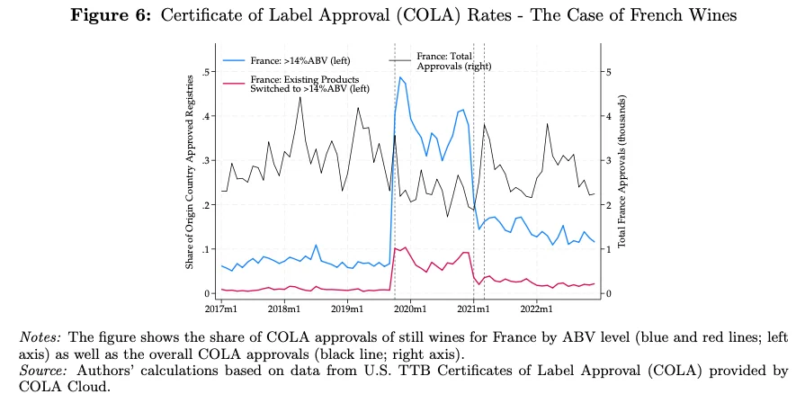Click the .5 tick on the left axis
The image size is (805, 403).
tap(207, 72)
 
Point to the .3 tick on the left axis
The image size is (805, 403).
tap(207, 160)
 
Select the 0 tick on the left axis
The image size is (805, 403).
tap(209, 293)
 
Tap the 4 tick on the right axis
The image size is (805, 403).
tap(608, 116)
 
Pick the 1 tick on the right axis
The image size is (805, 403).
tap(608, 249)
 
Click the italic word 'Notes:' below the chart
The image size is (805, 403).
tap(40, 336)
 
